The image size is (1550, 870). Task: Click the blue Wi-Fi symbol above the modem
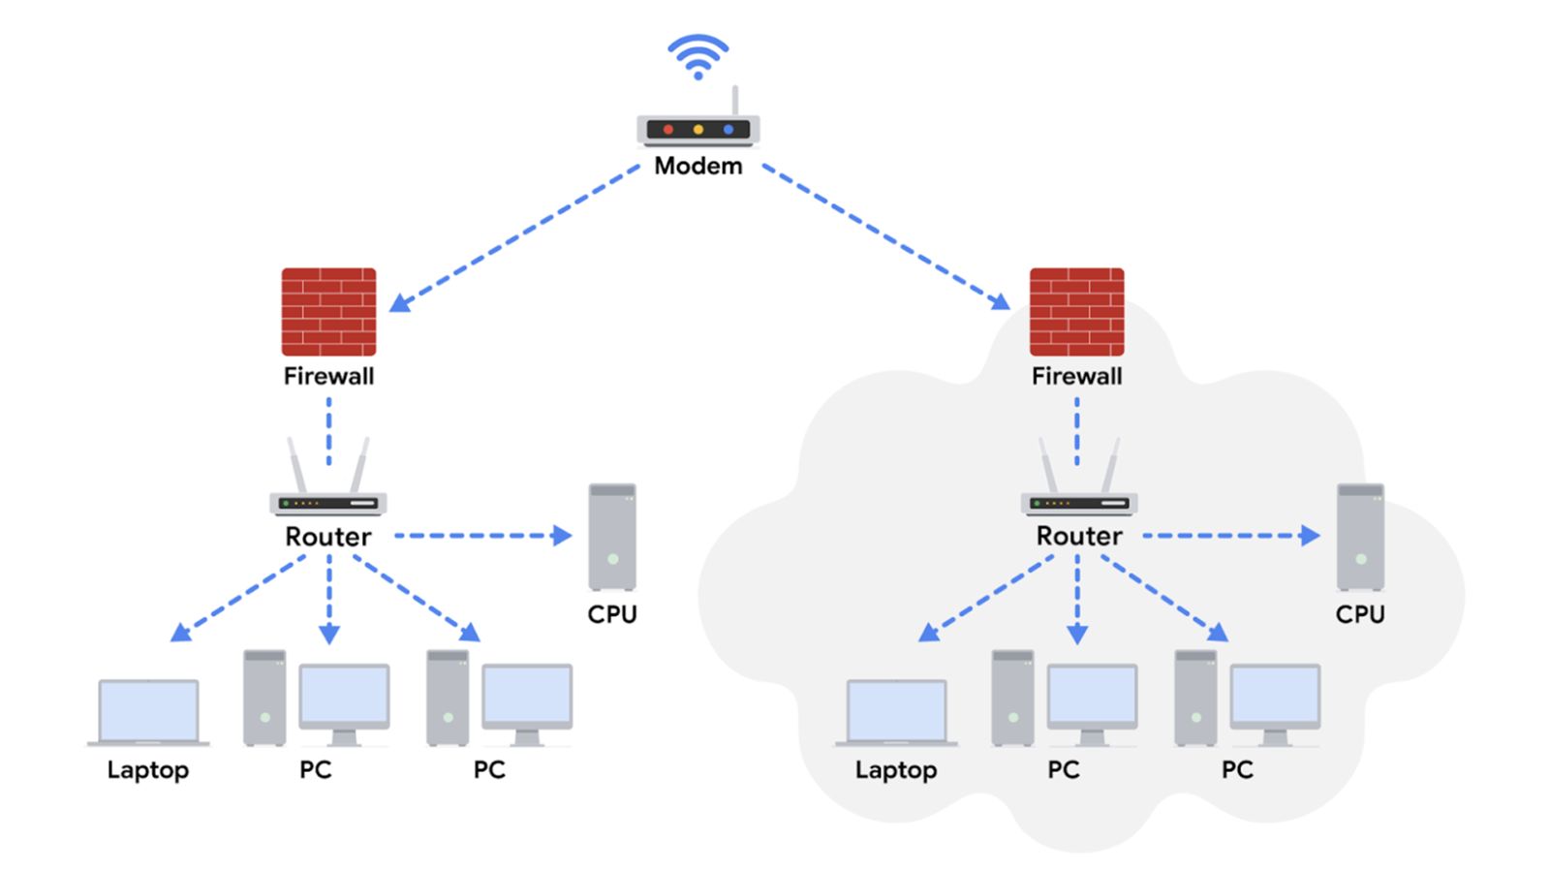[697, 56]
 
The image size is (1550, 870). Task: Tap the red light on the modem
[667, 130]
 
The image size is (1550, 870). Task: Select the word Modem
[697, 166]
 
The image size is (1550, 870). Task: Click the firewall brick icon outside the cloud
[328, 312]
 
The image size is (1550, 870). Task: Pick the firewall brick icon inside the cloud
[1076, 312]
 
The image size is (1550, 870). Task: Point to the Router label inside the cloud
[1078, 536]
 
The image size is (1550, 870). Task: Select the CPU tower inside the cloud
[1360, 537]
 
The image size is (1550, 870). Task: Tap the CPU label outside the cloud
[612, 614]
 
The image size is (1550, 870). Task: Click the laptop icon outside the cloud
[148, 712]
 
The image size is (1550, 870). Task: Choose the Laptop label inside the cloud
[896, 770]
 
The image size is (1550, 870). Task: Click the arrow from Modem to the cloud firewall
[885, 237]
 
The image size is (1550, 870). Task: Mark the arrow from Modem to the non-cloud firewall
[514, 237]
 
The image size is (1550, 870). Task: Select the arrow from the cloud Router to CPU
[1230, 535]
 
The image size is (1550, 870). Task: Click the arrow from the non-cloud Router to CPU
[482, 535]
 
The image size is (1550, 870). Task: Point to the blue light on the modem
[728, 130]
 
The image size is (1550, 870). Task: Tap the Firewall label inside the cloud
[1076, 376]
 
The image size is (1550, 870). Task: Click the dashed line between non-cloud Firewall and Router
[328, 432]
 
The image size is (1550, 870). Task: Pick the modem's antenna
[735, 101]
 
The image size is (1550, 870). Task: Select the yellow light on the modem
[697, 130]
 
